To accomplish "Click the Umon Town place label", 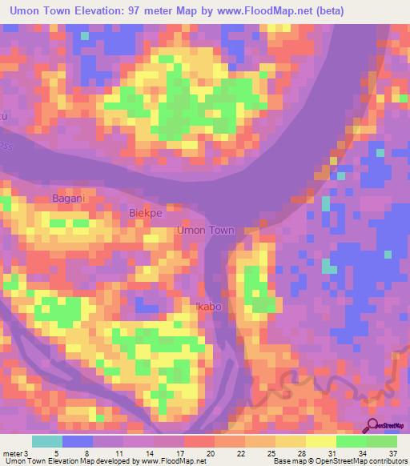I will pyautogui.click(x=206, y=231).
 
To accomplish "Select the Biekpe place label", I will pyautogui.click(x=145, y=214).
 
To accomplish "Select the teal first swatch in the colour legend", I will pyautogui.click(x=46, y=441).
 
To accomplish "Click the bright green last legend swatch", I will pyautogui.click(x=382, y=441).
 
